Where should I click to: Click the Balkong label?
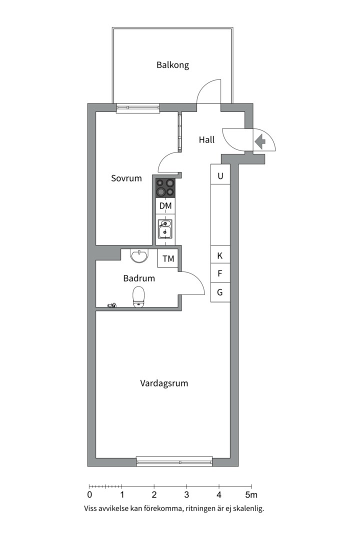(172, 65)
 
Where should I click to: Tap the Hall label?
(206, 140)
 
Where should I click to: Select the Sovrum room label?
(126, 178)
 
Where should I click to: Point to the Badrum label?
(139, 278)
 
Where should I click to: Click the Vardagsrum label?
(164, 383)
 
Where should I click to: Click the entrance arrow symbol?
(260, 142)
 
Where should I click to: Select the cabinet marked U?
(220, 175)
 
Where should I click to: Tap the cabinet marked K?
(220, 255)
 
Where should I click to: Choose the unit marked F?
(220, 273)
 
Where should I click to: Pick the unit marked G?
(220, 292)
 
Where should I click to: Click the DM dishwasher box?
(165, 205)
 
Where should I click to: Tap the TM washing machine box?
(168, 258)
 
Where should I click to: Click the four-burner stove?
(165, 187)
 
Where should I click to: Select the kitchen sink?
(165, 229)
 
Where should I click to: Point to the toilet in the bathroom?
(138, 296)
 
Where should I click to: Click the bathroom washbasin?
(138, 255)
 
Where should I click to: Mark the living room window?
(174, 461)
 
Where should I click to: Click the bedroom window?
(138, 107)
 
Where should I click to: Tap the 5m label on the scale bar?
(251, 495)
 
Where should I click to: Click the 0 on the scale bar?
(89, 495)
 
